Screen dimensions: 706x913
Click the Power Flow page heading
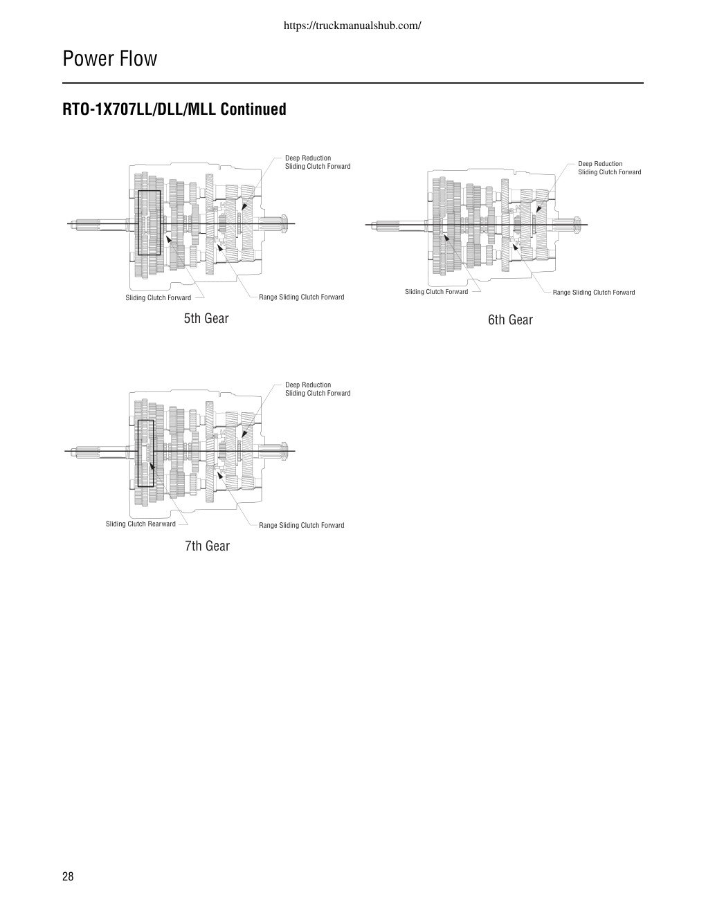(x=110, y=58)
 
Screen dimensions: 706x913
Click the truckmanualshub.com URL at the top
(x=352, y=26)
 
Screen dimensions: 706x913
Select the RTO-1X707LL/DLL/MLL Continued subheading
(x=174, y=109)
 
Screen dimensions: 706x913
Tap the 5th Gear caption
(x=206, y=318)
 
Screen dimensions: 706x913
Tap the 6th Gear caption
(x=510, y=320)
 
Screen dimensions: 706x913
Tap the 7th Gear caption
(x=207, y=546)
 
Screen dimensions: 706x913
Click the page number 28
(x=68, y=876)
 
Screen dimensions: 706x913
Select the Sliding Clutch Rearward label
(x=141, y=524)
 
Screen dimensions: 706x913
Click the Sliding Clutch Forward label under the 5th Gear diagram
(x=158, y=298)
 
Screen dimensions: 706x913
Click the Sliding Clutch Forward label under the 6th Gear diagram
(x=437, y=292)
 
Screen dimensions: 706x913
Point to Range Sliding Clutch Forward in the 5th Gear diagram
(x=302, y=297)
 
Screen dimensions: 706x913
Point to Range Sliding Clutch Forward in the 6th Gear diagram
(x=594, y=293)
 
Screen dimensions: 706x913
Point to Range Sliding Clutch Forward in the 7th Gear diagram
(x=302, y=525)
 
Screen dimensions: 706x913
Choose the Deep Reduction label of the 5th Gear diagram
(x=308, y=158)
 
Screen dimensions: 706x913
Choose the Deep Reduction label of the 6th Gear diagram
(x=600, y=164)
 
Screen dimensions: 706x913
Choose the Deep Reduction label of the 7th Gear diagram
(x=308, y=385)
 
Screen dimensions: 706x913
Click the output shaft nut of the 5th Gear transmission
(x=284, y=223)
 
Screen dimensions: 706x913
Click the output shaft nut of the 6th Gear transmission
(x=577, y=224)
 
